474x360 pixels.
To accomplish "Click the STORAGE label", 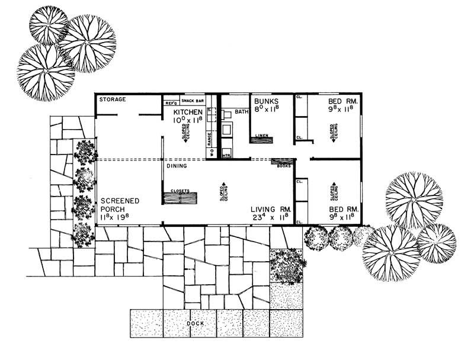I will (x=112, y=99).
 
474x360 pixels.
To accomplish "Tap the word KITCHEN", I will (x=188, y=111).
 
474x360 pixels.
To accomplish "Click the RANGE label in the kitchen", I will (x=209, y=139).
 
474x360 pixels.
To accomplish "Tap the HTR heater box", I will (x=226, y=155).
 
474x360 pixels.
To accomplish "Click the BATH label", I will (x=241, y=111).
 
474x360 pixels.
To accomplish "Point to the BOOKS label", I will (x=283, y=166).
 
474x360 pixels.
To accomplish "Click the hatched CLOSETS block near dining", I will (x=181, y=198).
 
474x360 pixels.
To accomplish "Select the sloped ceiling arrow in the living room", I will (x=224, y=191).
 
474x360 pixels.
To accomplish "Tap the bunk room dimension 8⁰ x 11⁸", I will (x=265, y=110).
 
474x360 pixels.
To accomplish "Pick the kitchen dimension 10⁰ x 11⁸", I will (x=188, y=120).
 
